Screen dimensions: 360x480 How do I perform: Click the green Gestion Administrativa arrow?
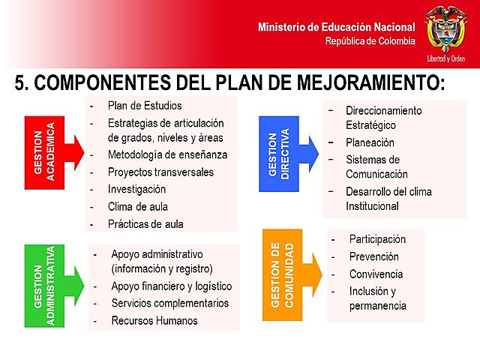click(x=52, y=286)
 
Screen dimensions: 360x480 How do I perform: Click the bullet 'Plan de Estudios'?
click(x=145, y=106)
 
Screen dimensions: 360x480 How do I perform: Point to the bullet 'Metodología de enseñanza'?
click(x=167, y=154)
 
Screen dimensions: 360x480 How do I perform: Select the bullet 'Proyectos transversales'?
click(x=160, y=172)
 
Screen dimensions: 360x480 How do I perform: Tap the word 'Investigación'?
click(x=136, y=189)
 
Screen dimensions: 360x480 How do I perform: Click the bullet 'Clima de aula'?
click(x=138, y=206)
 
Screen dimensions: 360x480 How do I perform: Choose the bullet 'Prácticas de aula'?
click(x=145, y=223)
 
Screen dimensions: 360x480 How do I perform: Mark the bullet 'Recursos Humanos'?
click(x=154, y=320)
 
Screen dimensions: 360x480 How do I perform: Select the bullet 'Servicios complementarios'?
click(x=170, y=303)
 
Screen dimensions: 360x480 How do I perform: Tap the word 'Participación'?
click(x=377, y=239)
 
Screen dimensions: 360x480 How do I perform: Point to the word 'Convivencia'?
click(x=376, y=274)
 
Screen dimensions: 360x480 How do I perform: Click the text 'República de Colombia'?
click(x=370, y=41)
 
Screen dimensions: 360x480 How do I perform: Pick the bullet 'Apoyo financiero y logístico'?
click(x=172, y=286)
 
